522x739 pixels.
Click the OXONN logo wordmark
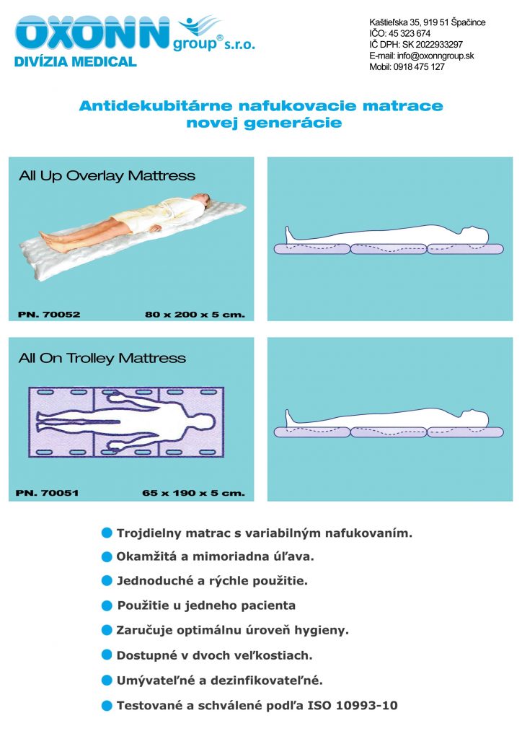[x=92, y=33]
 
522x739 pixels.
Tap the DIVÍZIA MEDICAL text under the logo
[x=75, y=62]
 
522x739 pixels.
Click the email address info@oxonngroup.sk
[x=435, y=56]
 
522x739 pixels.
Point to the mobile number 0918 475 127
[x=419, y=67]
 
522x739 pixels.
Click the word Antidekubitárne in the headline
[x=156, y=105]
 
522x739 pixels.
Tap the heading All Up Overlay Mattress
[x=107, y=176]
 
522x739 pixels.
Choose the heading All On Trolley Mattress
[x=102, y=358]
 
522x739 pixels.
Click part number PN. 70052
[x=49, y=315]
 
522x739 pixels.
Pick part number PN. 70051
[x=47, y=493]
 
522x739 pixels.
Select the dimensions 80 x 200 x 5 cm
[x=195, y=315]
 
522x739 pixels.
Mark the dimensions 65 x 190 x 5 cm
[x=193, y=493]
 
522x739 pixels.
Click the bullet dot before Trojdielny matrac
[x=107, y=533]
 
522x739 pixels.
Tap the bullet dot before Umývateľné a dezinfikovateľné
[x=107, y=680]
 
